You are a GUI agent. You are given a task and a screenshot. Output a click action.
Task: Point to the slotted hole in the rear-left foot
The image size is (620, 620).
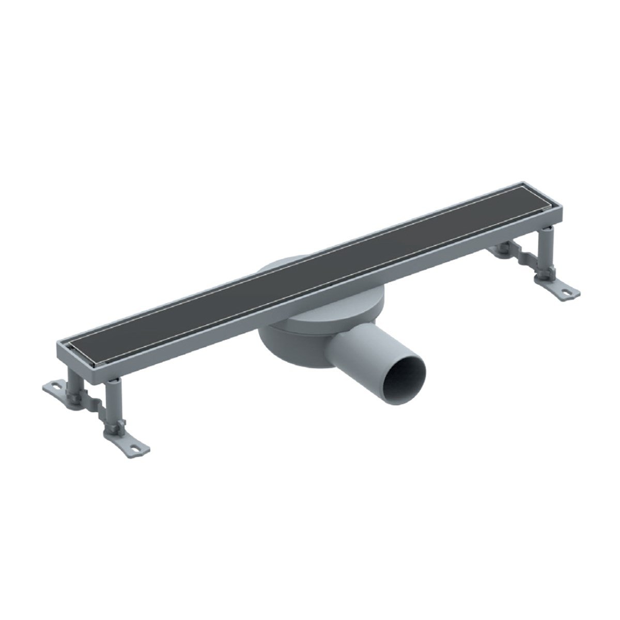[53, 386]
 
